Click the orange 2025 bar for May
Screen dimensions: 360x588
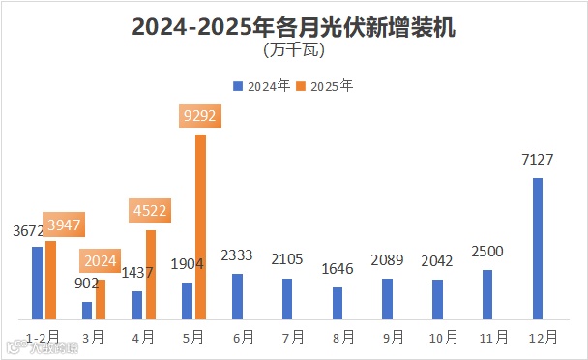pos(200,226)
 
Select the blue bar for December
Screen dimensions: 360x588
pos(538,248)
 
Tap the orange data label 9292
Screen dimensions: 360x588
pos(201,117)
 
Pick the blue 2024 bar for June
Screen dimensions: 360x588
pos(237,296)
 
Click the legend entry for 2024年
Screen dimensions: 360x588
pos(261,85)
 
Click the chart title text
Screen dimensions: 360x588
pos(293,27)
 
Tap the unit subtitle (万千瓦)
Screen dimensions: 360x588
pos(293,48)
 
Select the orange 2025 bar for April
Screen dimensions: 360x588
pos(151,275)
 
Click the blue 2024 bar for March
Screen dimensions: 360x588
pos(87,311)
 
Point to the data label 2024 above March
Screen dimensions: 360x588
pos(101,261)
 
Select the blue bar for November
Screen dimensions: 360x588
pos(487,294)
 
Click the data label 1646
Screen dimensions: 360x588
pos(338,270)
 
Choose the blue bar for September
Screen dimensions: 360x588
pos(387,299)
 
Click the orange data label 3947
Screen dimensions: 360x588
pos(62,225)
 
